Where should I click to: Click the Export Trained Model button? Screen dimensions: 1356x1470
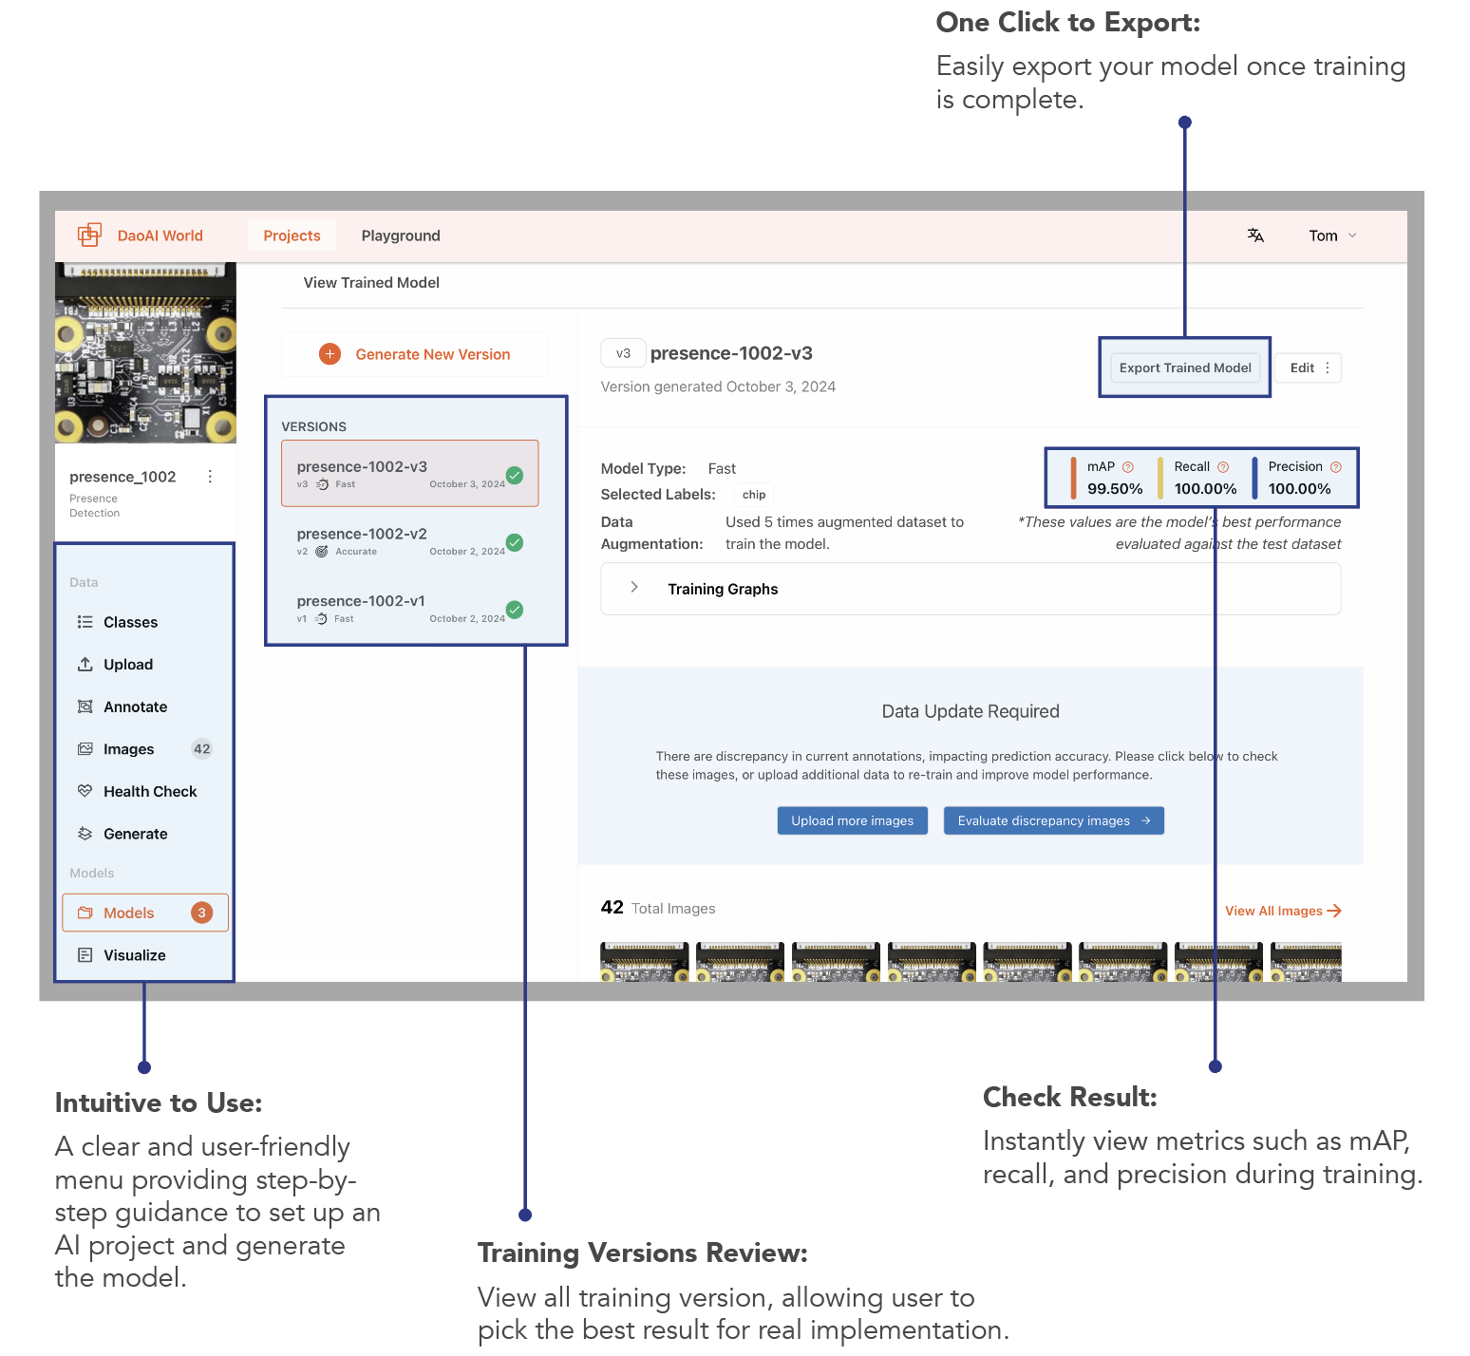click(x=1184, y=368)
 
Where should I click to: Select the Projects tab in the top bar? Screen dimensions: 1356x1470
click(x=292, y=235)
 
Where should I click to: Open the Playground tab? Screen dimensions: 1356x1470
click(x=401, y=235)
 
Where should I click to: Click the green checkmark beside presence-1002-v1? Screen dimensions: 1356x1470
click(x=515, y=610)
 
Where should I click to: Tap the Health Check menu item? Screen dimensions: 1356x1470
click(x=150, y=791)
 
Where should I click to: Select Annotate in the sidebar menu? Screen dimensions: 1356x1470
click(x=135, y=706)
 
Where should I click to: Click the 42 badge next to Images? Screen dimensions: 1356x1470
click(x=202, y=749)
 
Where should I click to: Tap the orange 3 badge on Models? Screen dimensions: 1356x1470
click(x=201, y=913)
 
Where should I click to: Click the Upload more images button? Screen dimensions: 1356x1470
click(x=852, y=820)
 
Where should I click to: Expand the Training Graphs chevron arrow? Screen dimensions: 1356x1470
click(x=634, y=588)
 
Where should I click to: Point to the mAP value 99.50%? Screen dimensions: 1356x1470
click(x=1115, y=489)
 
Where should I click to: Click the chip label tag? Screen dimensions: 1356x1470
click(x=754, y=495)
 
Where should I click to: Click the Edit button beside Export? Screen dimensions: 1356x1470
click(x=1308, y=368)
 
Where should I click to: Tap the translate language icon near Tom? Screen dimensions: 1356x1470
click(x=1255, y=235)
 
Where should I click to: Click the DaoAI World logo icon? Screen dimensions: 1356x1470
click(x=89, y=235)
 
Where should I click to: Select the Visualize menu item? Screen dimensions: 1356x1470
click(x=134, y=955)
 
